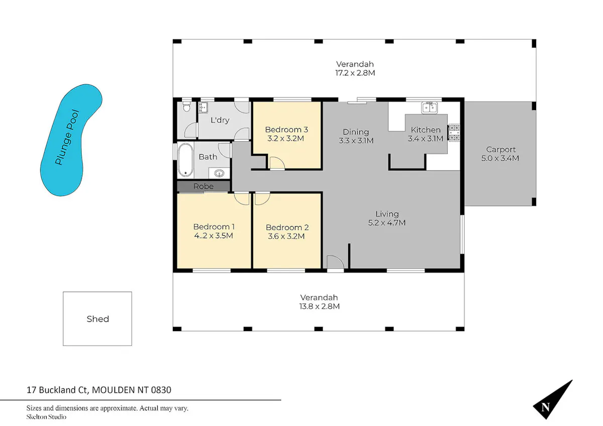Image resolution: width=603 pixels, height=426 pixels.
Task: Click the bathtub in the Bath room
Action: point(185,160)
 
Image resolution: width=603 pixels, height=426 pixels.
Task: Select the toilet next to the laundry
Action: point(186,107)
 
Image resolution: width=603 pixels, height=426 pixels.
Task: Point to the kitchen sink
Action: point(429,108)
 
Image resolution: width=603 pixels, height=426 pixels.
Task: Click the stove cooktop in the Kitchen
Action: point(454,133)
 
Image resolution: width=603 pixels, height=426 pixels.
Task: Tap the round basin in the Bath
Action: point(220,173)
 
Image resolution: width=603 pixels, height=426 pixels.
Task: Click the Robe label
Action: point(204,186)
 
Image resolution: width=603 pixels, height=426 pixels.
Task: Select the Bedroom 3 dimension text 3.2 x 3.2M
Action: point(285,139)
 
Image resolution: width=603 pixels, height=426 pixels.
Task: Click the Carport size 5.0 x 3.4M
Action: point(500,158)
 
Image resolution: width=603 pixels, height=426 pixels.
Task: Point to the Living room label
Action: point(387,214)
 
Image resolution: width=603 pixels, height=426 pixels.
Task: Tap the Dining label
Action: point(356,132)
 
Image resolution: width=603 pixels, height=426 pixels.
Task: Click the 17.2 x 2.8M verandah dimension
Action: point(355,73)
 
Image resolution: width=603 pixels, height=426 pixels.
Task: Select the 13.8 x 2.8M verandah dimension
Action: point(319,306)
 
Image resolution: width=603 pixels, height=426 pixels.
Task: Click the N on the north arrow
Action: point(545,407)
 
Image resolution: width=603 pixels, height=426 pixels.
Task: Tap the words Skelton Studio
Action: point(46,417)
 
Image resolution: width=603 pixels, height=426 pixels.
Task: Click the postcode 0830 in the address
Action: point(161,390)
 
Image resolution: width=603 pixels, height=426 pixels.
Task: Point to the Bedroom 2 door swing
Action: point(262,198)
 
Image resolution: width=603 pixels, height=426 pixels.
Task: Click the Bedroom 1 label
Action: point(214,227)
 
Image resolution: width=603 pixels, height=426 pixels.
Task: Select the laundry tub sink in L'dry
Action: point(203,108)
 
